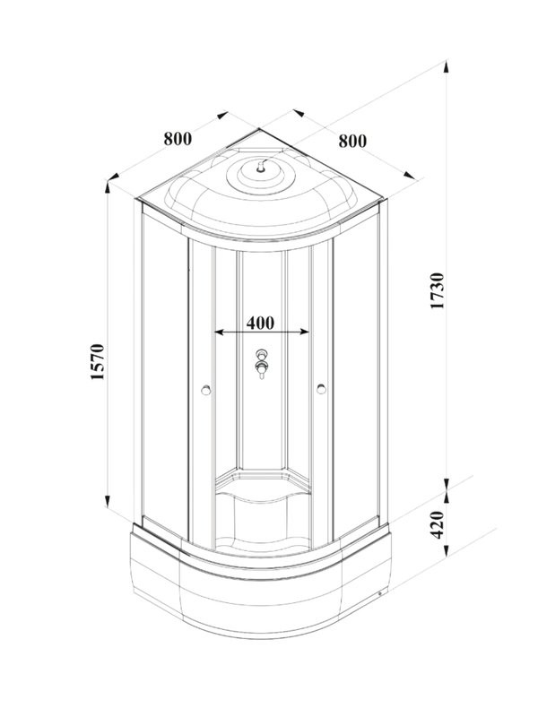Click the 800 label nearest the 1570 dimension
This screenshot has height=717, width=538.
177,139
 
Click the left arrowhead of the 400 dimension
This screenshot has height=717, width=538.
218,333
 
